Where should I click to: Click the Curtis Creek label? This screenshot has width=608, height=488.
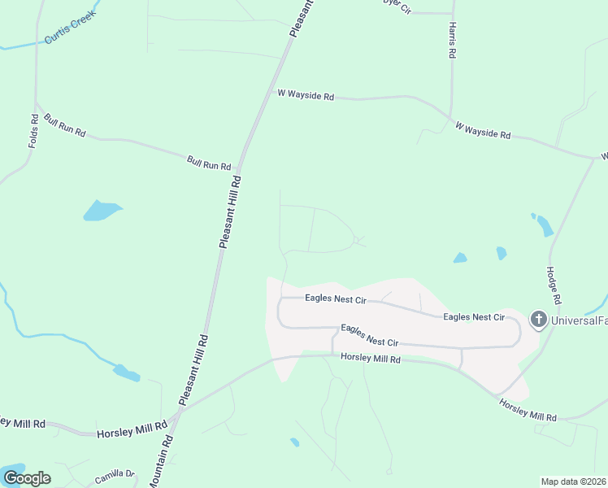tap(72, 28)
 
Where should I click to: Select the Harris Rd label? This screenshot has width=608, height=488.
tap(451, 40)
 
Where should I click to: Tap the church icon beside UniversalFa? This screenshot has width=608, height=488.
tap(538, 320)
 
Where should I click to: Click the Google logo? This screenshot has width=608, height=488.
tap(26, 478)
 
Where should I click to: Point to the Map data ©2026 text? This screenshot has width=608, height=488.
tap(574, 481)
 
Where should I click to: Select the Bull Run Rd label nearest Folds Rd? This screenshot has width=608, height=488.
tap(66, 126)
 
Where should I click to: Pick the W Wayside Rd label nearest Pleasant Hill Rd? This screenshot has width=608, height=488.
tap(306, 95)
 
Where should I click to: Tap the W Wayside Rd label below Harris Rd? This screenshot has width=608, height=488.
tap(483, 130)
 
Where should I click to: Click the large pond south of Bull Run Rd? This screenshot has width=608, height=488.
tap(102, 211)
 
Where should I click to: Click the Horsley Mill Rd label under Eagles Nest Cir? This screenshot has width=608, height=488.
tap(371, 358)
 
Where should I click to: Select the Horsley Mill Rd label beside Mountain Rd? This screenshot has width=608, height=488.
tap(132, 430)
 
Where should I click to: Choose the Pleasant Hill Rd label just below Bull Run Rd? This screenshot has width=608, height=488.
tap(230, 211)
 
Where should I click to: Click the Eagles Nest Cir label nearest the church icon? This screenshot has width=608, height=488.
tap(474, 316)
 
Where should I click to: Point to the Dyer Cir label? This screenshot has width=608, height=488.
tap(393, 2)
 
